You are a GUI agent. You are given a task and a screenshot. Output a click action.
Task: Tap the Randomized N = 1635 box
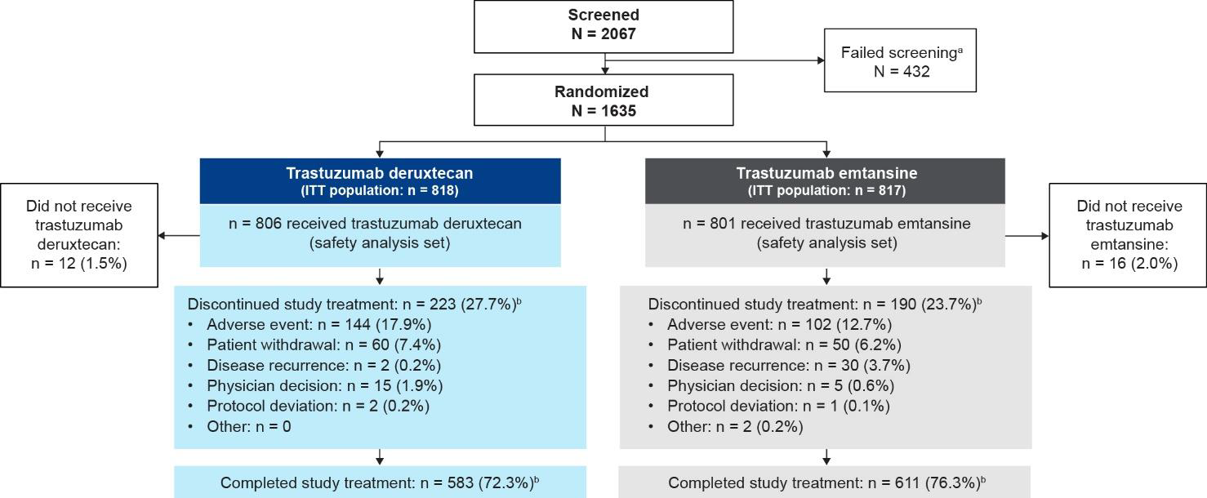coord(603,100)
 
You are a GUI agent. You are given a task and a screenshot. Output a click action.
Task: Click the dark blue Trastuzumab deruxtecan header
coord(380,180)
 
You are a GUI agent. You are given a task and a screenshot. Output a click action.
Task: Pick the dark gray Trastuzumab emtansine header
coord(825,180)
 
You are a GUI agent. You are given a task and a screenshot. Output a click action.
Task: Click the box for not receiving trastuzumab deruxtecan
coord(78,235)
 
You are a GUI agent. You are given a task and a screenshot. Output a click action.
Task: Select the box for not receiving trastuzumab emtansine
coord(1128,235)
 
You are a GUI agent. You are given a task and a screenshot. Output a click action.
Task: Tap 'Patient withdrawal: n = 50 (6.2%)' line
coord(784,345)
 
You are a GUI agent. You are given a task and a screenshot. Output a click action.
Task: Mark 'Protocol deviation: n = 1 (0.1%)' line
coord(778,406)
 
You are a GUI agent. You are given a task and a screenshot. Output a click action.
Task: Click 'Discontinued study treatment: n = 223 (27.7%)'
coord(353,304)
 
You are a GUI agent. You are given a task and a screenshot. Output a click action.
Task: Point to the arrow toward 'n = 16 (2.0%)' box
coord(1027,236)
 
